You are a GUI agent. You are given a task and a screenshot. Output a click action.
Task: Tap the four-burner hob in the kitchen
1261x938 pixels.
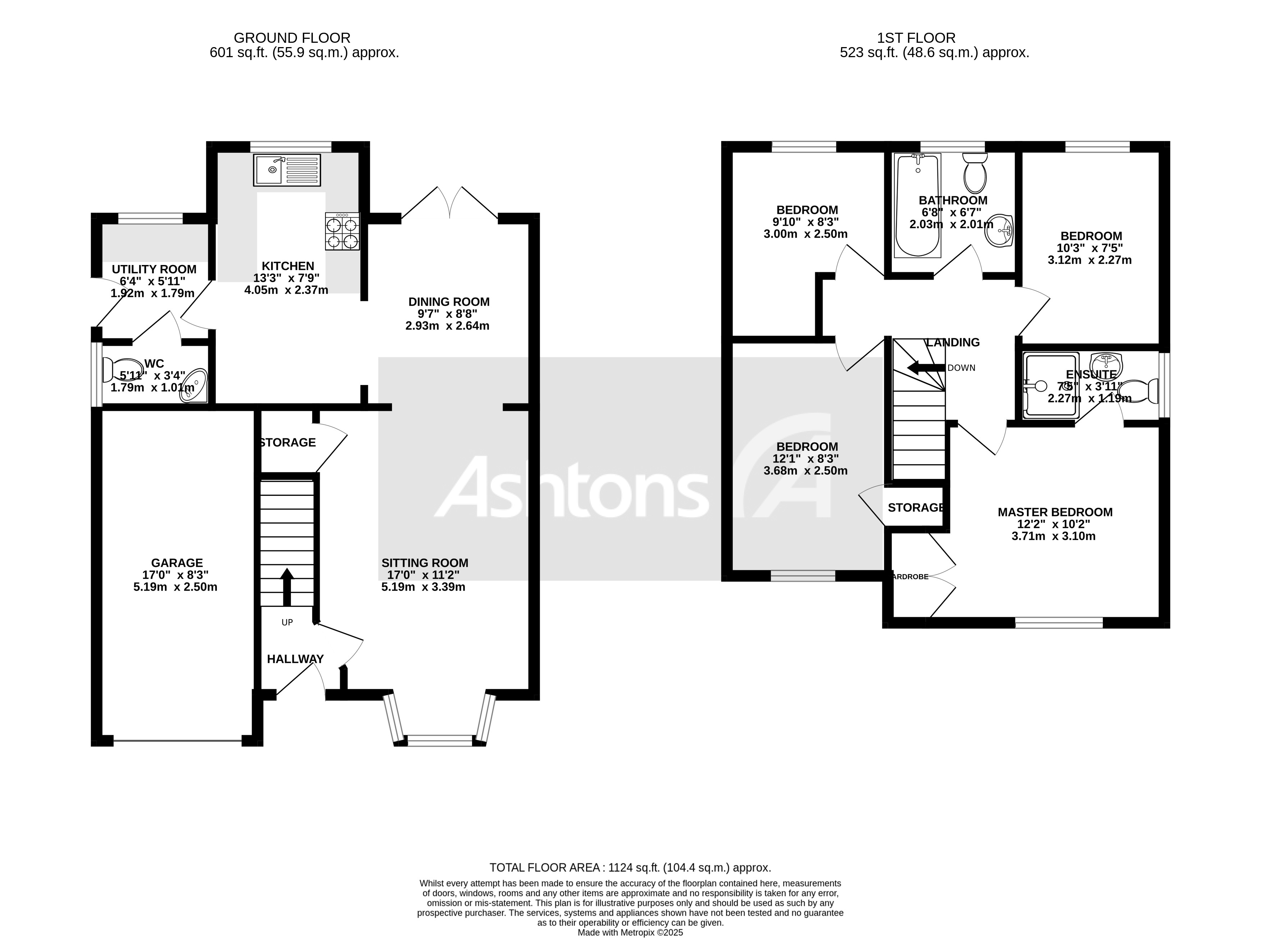(342, 231)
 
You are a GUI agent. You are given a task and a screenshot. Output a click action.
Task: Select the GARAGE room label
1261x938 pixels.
(177, 563)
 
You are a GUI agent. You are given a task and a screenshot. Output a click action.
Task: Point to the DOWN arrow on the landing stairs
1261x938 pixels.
(926, 367)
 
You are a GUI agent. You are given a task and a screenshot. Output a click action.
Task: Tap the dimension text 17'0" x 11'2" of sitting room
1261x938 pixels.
(423, 575)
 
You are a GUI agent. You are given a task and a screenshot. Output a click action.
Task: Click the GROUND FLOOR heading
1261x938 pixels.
(292, 38)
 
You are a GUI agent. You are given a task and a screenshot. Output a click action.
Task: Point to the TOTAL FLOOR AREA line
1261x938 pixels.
(630, 868)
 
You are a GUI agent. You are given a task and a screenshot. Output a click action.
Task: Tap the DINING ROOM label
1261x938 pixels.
(448, 302)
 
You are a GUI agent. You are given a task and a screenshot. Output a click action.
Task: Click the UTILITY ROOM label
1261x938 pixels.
(154, 269)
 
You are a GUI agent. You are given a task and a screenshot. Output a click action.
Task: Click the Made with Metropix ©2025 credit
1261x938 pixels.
(630, 932)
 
